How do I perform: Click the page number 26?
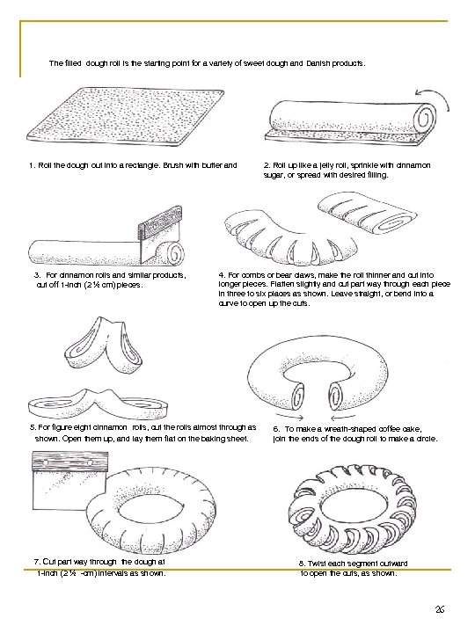pos(440,609)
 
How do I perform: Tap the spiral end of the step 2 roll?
pos(427,119)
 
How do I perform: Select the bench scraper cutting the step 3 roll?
pos(160,231)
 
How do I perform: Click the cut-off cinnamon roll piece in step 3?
pos(174,252)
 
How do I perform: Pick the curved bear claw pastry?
pos(290,241)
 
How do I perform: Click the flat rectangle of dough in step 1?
pos(124,117)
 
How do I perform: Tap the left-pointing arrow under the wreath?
pos(343,417)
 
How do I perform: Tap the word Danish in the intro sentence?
pos(318,63)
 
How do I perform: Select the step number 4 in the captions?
pos(222,275)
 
